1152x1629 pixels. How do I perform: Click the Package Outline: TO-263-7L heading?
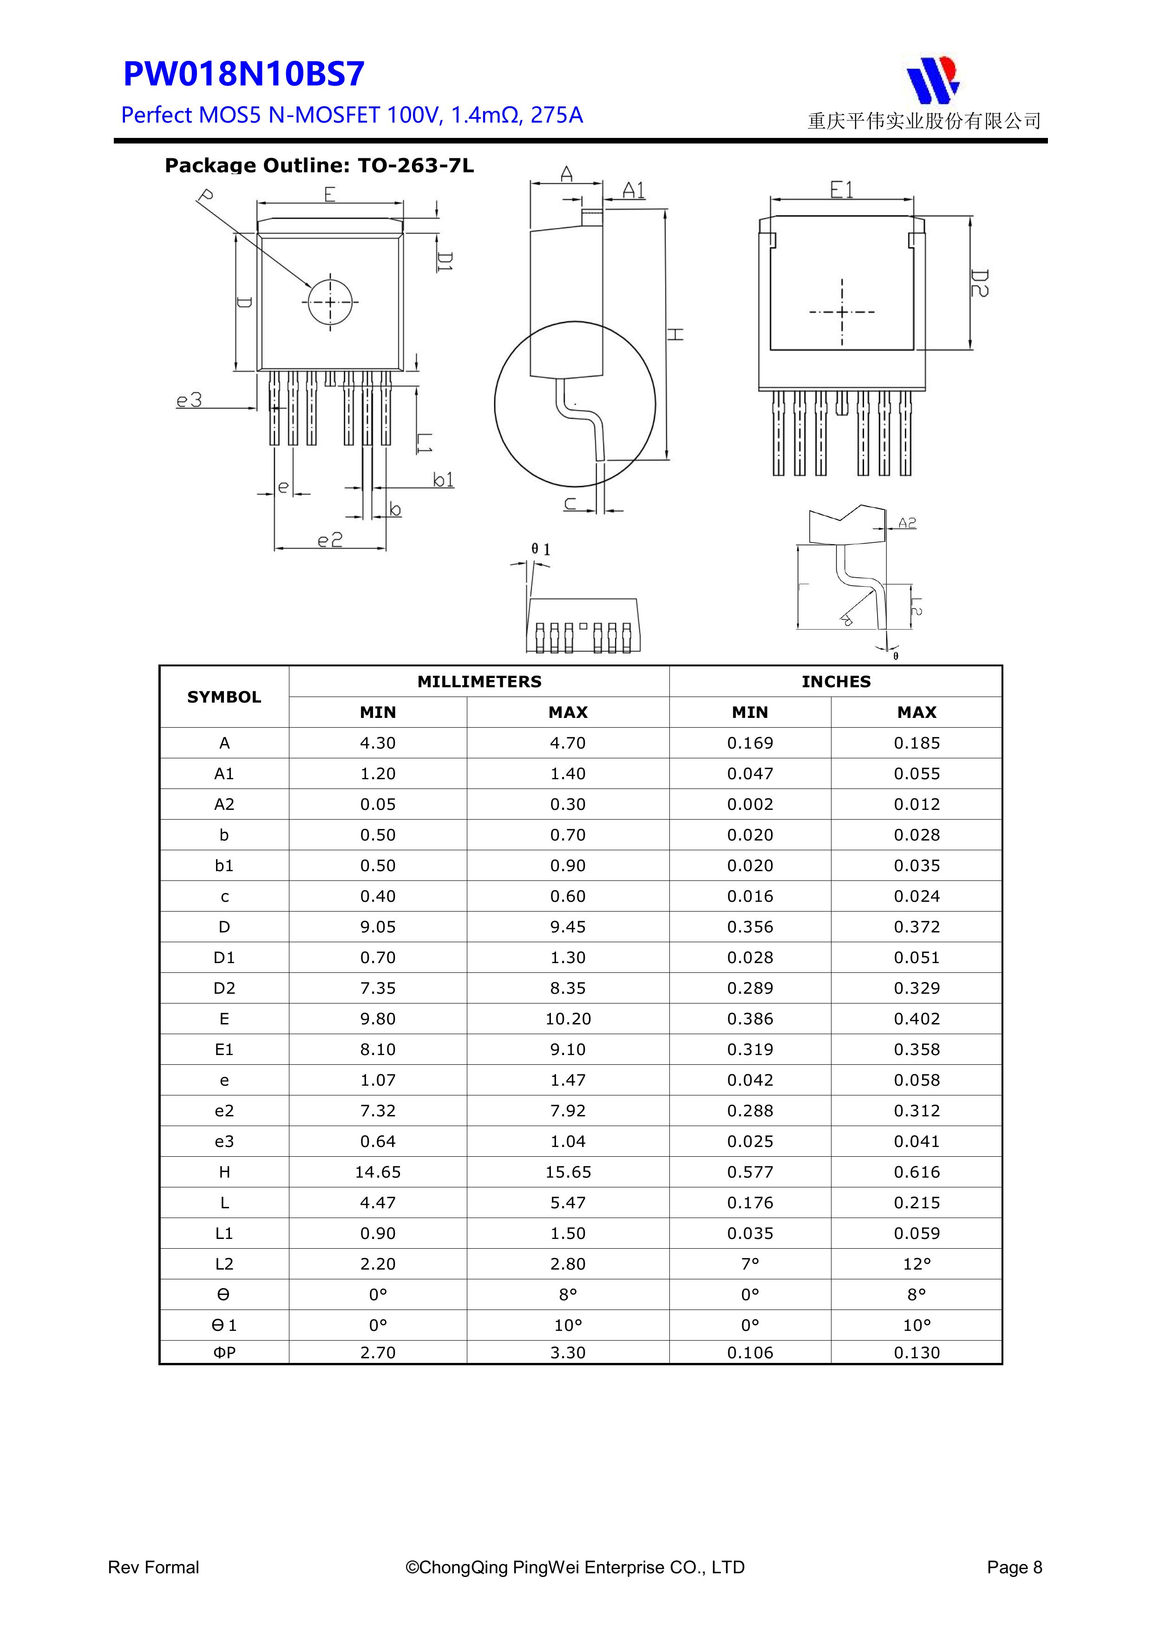(x=319, y=166)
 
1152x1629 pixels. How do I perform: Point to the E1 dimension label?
(x=842, y=190)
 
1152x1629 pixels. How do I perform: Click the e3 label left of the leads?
(x=189, y=401)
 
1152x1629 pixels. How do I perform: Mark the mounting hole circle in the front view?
(x=330, y=302)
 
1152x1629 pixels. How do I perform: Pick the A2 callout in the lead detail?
(x=907, y=523)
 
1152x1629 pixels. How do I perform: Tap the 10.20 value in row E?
(x=568, y=1019)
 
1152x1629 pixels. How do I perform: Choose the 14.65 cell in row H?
(x=378, y=1172)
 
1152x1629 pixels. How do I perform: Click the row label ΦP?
(x=224, y=1352)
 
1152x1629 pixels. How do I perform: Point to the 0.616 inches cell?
(x=916, y=1172)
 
